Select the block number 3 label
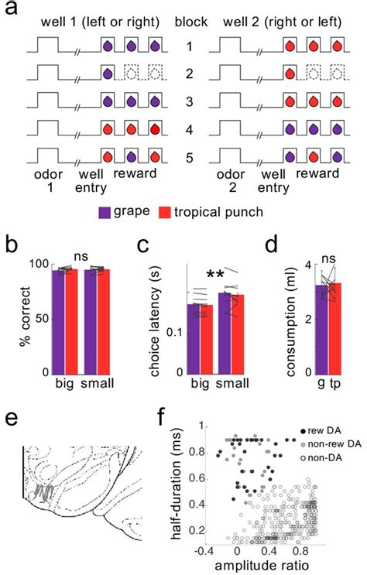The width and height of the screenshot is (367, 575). coord(186,102)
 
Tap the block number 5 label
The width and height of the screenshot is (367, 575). coord(186,158)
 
